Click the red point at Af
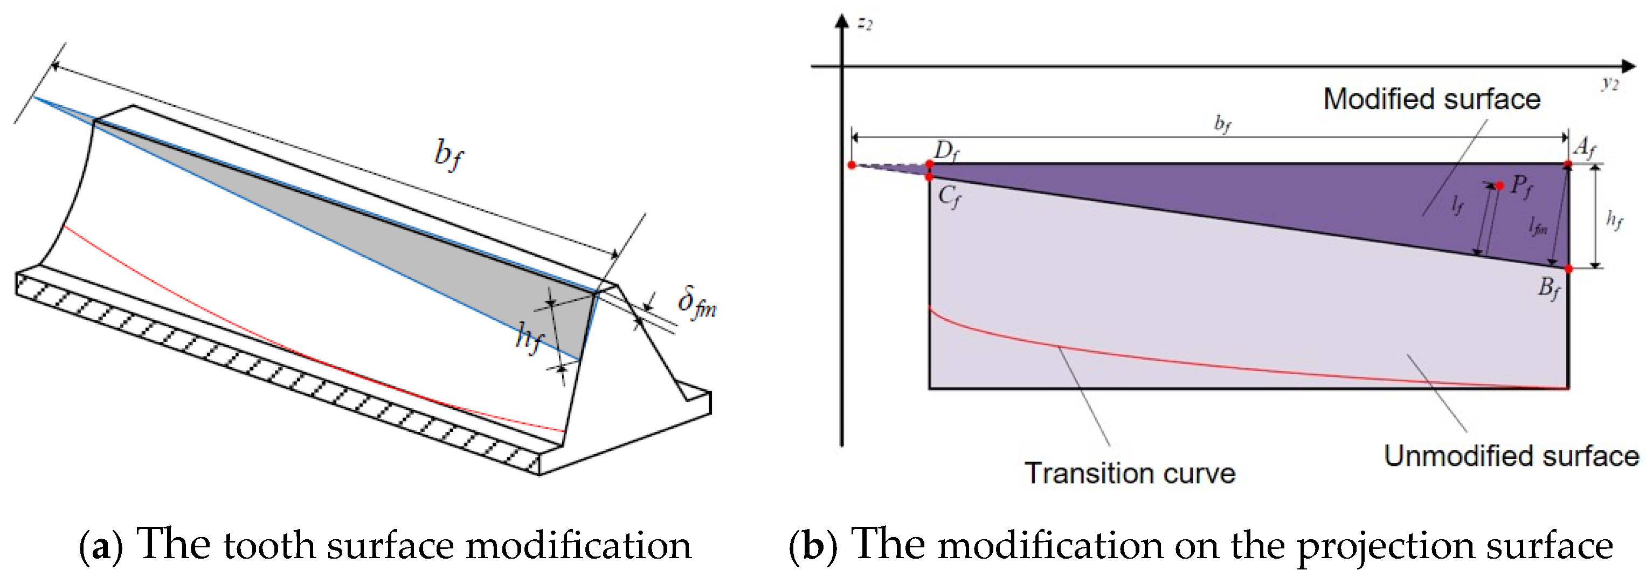tap(1568, 165)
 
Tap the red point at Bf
tap(1569, 269)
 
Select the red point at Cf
tap(930, 176)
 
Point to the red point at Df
tap(930, 164)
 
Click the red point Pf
tap(1500, 186)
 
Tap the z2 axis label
tap(865, 24)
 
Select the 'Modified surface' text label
tap(1431, 99)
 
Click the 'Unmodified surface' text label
tap(1511, 456)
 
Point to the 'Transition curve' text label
tap(1130, 473)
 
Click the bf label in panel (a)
tap(448, 155)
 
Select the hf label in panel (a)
tap(529, 336)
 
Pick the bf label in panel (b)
tap(1222, 123)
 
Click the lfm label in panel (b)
tap(1538, 225)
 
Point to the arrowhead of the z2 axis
tap(842, 21)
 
